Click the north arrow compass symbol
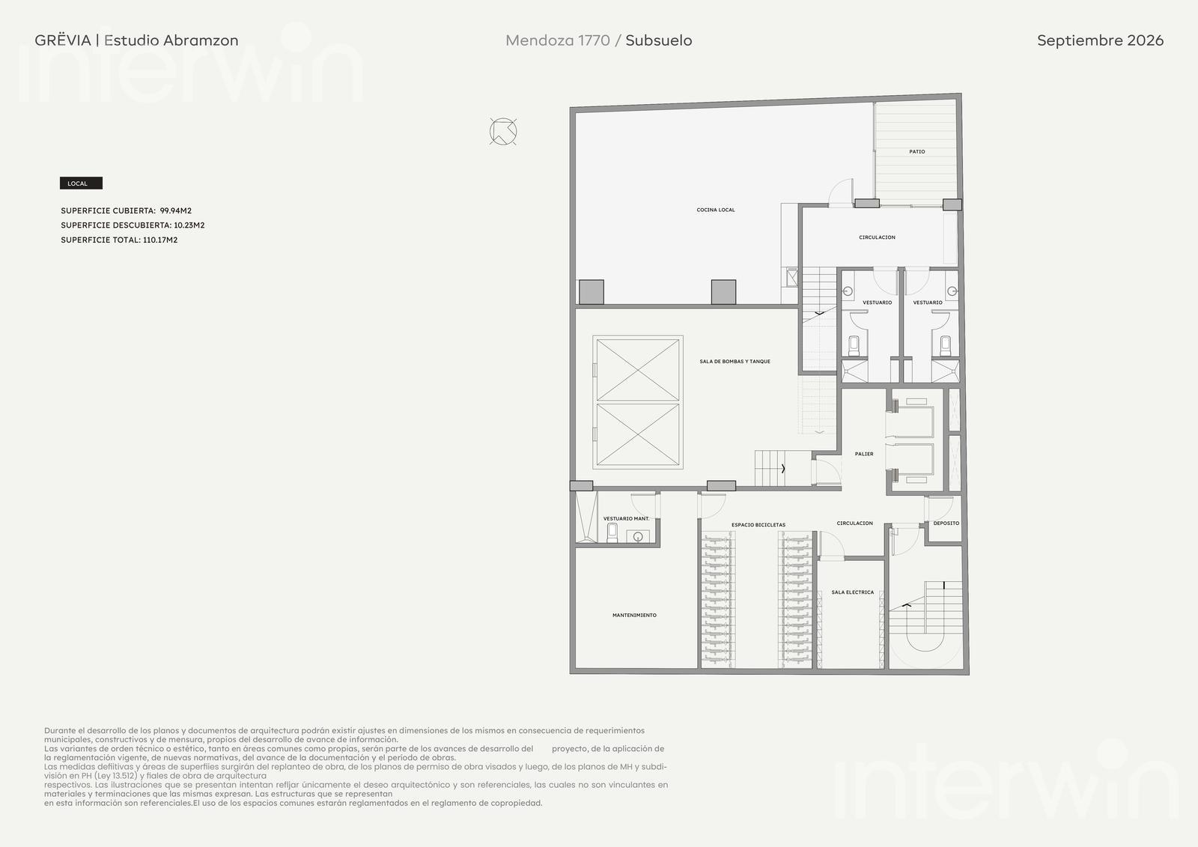pyautogui.click(x=503, y=132)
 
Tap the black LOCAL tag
pyautogui.click(x=81, y=183)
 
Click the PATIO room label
pyautogui.click(x=916, y=152)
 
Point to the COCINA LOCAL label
pyautogui.click(x=716, y=210)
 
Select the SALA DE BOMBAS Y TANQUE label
pyautogui.click(x=735, y=362)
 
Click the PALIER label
pyautogui.click(x=864, y=455)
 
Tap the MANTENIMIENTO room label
pyautogui.click(x=634, y=616)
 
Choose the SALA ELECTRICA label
pyautogui.click(x=853, y=592)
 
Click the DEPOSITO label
pyautogui.click(x=946, y=523)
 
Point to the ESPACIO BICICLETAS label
pyautogui.click(x=758, y=525)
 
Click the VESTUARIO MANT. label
pyautogui.click(x=626, y=518)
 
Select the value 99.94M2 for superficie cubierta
pyautogui.click(x=175, y=210)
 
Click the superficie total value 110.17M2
pyautogui.click(x=160, y=240)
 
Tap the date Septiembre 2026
pyautogui.click(x=1100, y=40)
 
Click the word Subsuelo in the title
pyautogui.click(x=658, y=40)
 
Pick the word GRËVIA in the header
pyautogui.click(x=63, y=40)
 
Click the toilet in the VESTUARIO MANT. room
pyautogui.click(x=612, y=532)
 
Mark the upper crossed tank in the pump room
pyautogui.click(x=638, y=370)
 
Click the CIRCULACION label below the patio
pyautogui.click(x=877, y=237)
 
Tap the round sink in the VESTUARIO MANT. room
pyautogui.click(x=637, y=536)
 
